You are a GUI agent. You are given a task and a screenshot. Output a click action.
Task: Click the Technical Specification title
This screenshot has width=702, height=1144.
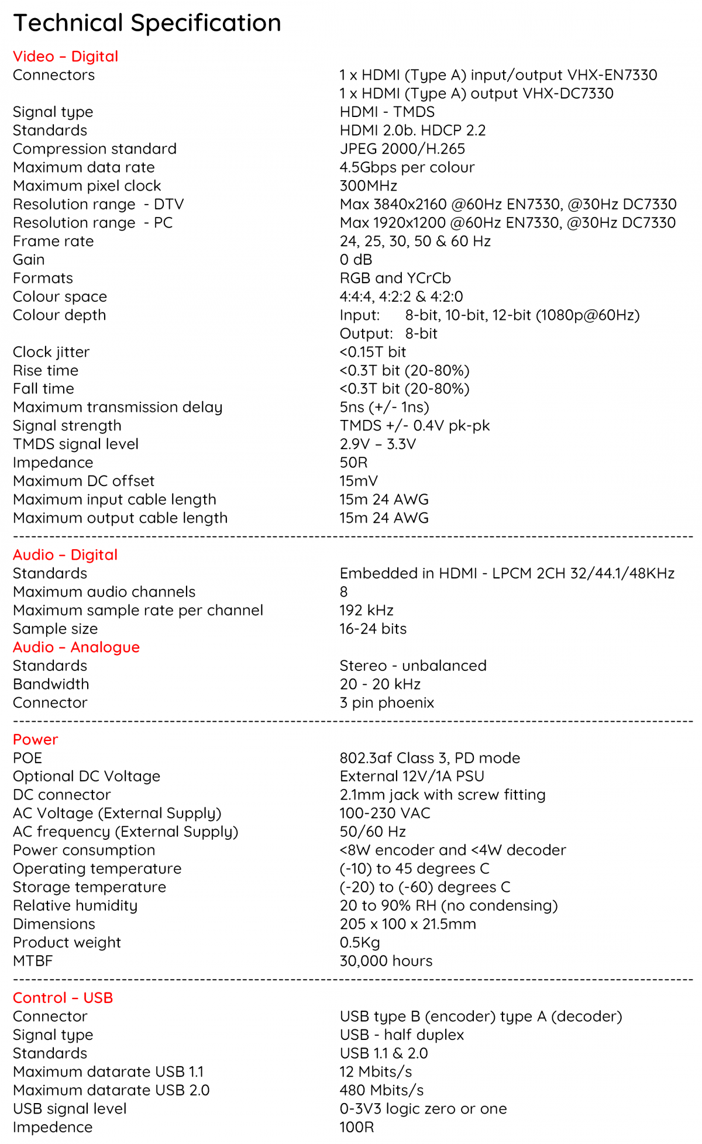point(147,23)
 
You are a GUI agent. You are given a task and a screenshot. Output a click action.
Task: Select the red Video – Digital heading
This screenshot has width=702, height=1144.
point(66,57)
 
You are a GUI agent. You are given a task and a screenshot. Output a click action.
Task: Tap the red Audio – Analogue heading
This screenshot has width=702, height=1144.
point(76,647)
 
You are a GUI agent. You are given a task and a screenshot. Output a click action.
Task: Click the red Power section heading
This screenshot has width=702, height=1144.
point(36,740)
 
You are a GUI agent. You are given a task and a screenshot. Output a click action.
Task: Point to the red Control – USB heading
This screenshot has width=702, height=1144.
point(63,998)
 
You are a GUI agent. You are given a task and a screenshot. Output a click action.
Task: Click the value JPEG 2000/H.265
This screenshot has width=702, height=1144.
point(402,149)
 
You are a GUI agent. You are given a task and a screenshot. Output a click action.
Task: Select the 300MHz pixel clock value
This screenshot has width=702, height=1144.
point(368,186)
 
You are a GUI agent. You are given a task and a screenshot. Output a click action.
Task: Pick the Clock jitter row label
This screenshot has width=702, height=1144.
point(51,352)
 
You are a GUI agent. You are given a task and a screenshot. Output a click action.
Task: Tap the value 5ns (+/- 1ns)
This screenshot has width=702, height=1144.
point(384,407)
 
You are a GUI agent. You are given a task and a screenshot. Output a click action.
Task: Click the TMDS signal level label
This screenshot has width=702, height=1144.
point(75,444)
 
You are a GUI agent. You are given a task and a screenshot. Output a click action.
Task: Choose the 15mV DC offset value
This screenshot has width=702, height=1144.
point(359,481)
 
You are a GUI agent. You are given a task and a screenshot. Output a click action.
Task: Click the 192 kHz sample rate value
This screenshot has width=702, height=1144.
point(366,611)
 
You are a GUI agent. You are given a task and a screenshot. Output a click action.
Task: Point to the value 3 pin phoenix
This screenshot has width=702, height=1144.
point(387,703)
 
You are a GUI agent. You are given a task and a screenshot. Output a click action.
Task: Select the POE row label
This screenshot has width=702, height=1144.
point(27,759)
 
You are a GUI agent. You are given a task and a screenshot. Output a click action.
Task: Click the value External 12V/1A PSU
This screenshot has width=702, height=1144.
point(412,777)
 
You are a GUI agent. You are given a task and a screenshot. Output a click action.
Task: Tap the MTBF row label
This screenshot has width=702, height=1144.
point(33,961)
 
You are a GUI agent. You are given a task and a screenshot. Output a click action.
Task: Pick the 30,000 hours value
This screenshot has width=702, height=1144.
point(386,961)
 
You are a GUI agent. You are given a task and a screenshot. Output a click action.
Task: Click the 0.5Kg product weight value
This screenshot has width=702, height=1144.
point(359,943)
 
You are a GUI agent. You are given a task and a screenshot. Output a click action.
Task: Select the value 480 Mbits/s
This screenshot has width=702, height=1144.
point(381,1090)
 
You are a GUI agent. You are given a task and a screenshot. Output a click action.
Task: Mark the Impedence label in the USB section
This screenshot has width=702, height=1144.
point(53,1127)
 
